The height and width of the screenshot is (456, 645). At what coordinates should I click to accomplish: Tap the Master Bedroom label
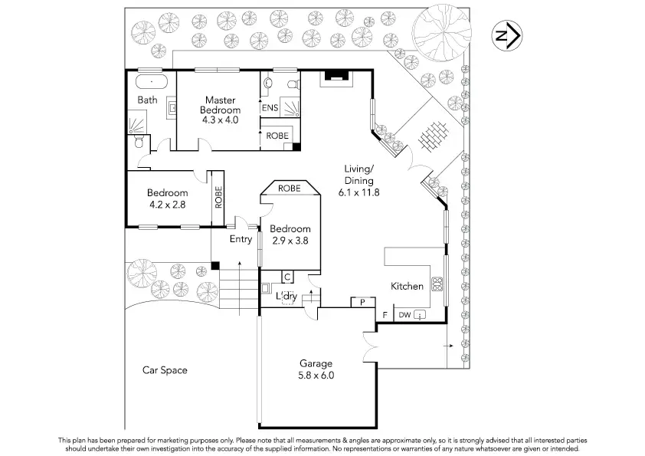click(220, 104)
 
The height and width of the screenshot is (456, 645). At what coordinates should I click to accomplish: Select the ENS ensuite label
click(270, 108)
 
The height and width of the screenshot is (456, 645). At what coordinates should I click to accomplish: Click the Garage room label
click(316, 363)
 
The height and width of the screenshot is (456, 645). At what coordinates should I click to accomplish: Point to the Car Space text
click(165, 370)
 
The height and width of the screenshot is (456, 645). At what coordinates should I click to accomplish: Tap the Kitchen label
click(407, 286)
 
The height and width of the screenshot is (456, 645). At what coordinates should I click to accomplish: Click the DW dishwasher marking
click(404, 315)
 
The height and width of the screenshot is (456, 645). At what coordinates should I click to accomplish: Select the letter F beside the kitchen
click(385, 315)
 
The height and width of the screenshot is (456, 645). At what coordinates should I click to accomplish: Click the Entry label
click(241, 239)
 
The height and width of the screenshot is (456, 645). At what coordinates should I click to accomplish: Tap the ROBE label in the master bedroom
click(277, 135)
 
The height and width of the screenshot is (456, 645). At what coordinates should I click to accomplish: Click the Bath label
click(147, 100)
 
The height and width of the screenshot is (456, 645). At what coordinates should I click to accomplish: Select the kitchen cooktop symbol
click(438, 285)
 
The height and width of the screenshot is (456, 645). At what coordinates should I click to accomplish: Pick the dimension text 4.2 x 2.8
click(167, 205)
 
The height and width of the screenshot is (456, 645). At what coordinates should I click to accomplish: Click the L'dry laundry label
click(286, 297)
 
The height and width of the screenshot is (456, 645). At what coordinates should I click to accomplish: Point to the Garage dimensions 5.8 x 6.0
click(316, 376)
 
